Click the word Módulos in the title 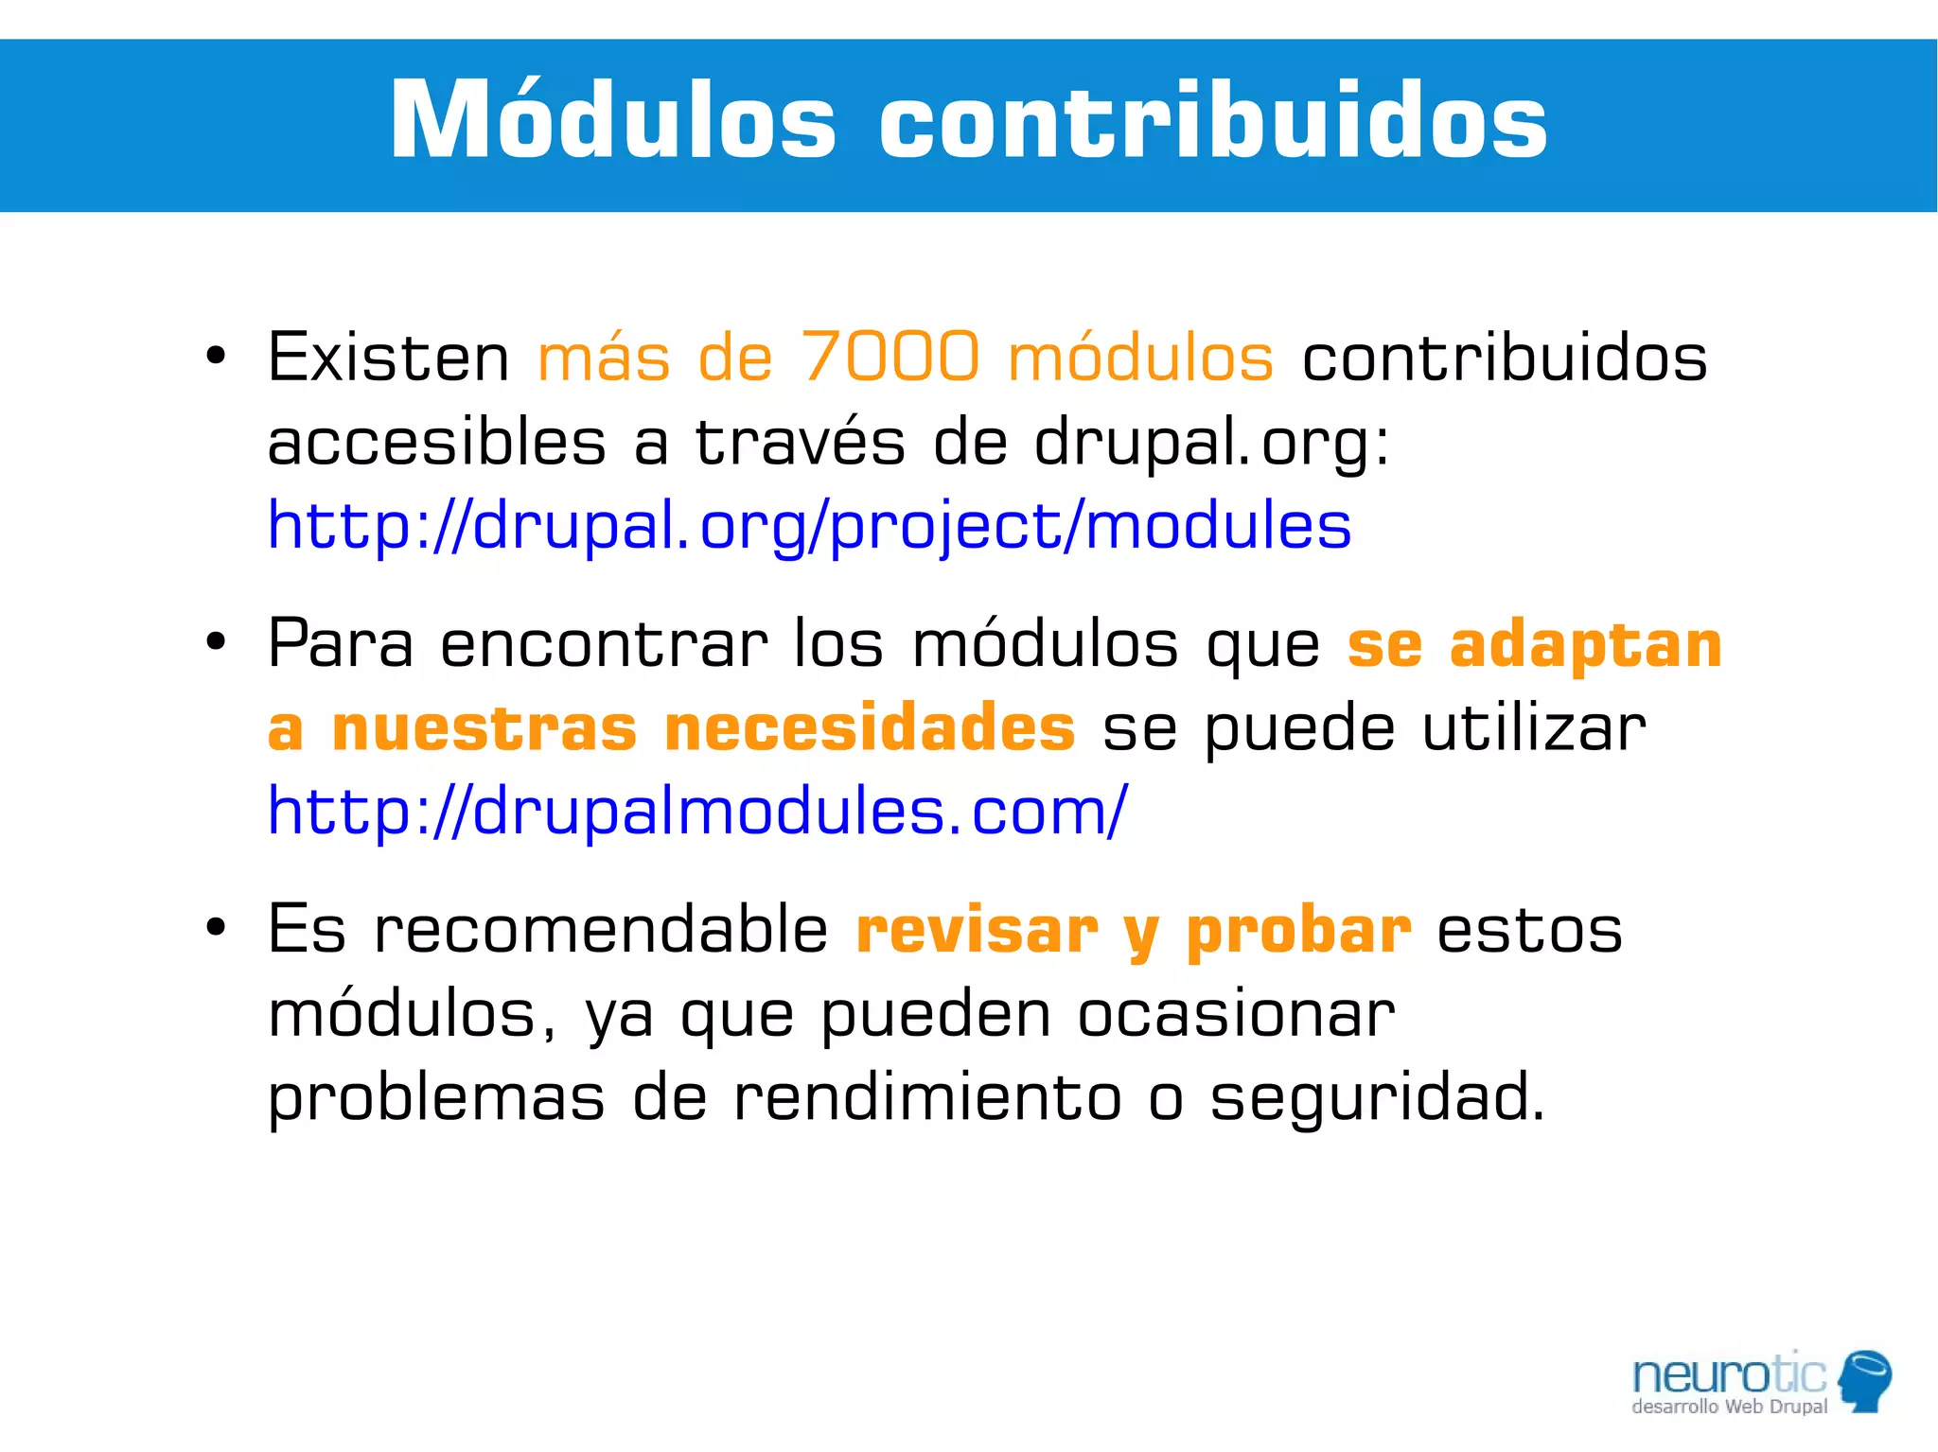coord(612,121)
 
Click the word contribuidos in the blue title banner coord(1212,121)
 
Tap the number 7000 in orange coord(890,358)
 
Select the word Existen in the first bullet coord(388,358)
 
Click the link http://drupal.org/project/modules coord(809,526)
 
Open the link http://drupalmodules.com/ coord(697,812)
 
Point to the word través coord(800,442)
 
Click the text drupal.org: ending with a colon coord(1210,442)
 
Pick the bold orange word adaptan coord(1585,645)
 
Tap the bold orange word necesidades coord(870,728)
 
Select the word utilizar coord(1533,728)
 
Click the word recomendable coord(601,930)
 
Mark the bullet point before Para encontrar coord(216,642)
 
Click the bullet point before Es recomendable coord(216,928)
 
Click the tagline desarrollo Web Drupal coord(1729,1407)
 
